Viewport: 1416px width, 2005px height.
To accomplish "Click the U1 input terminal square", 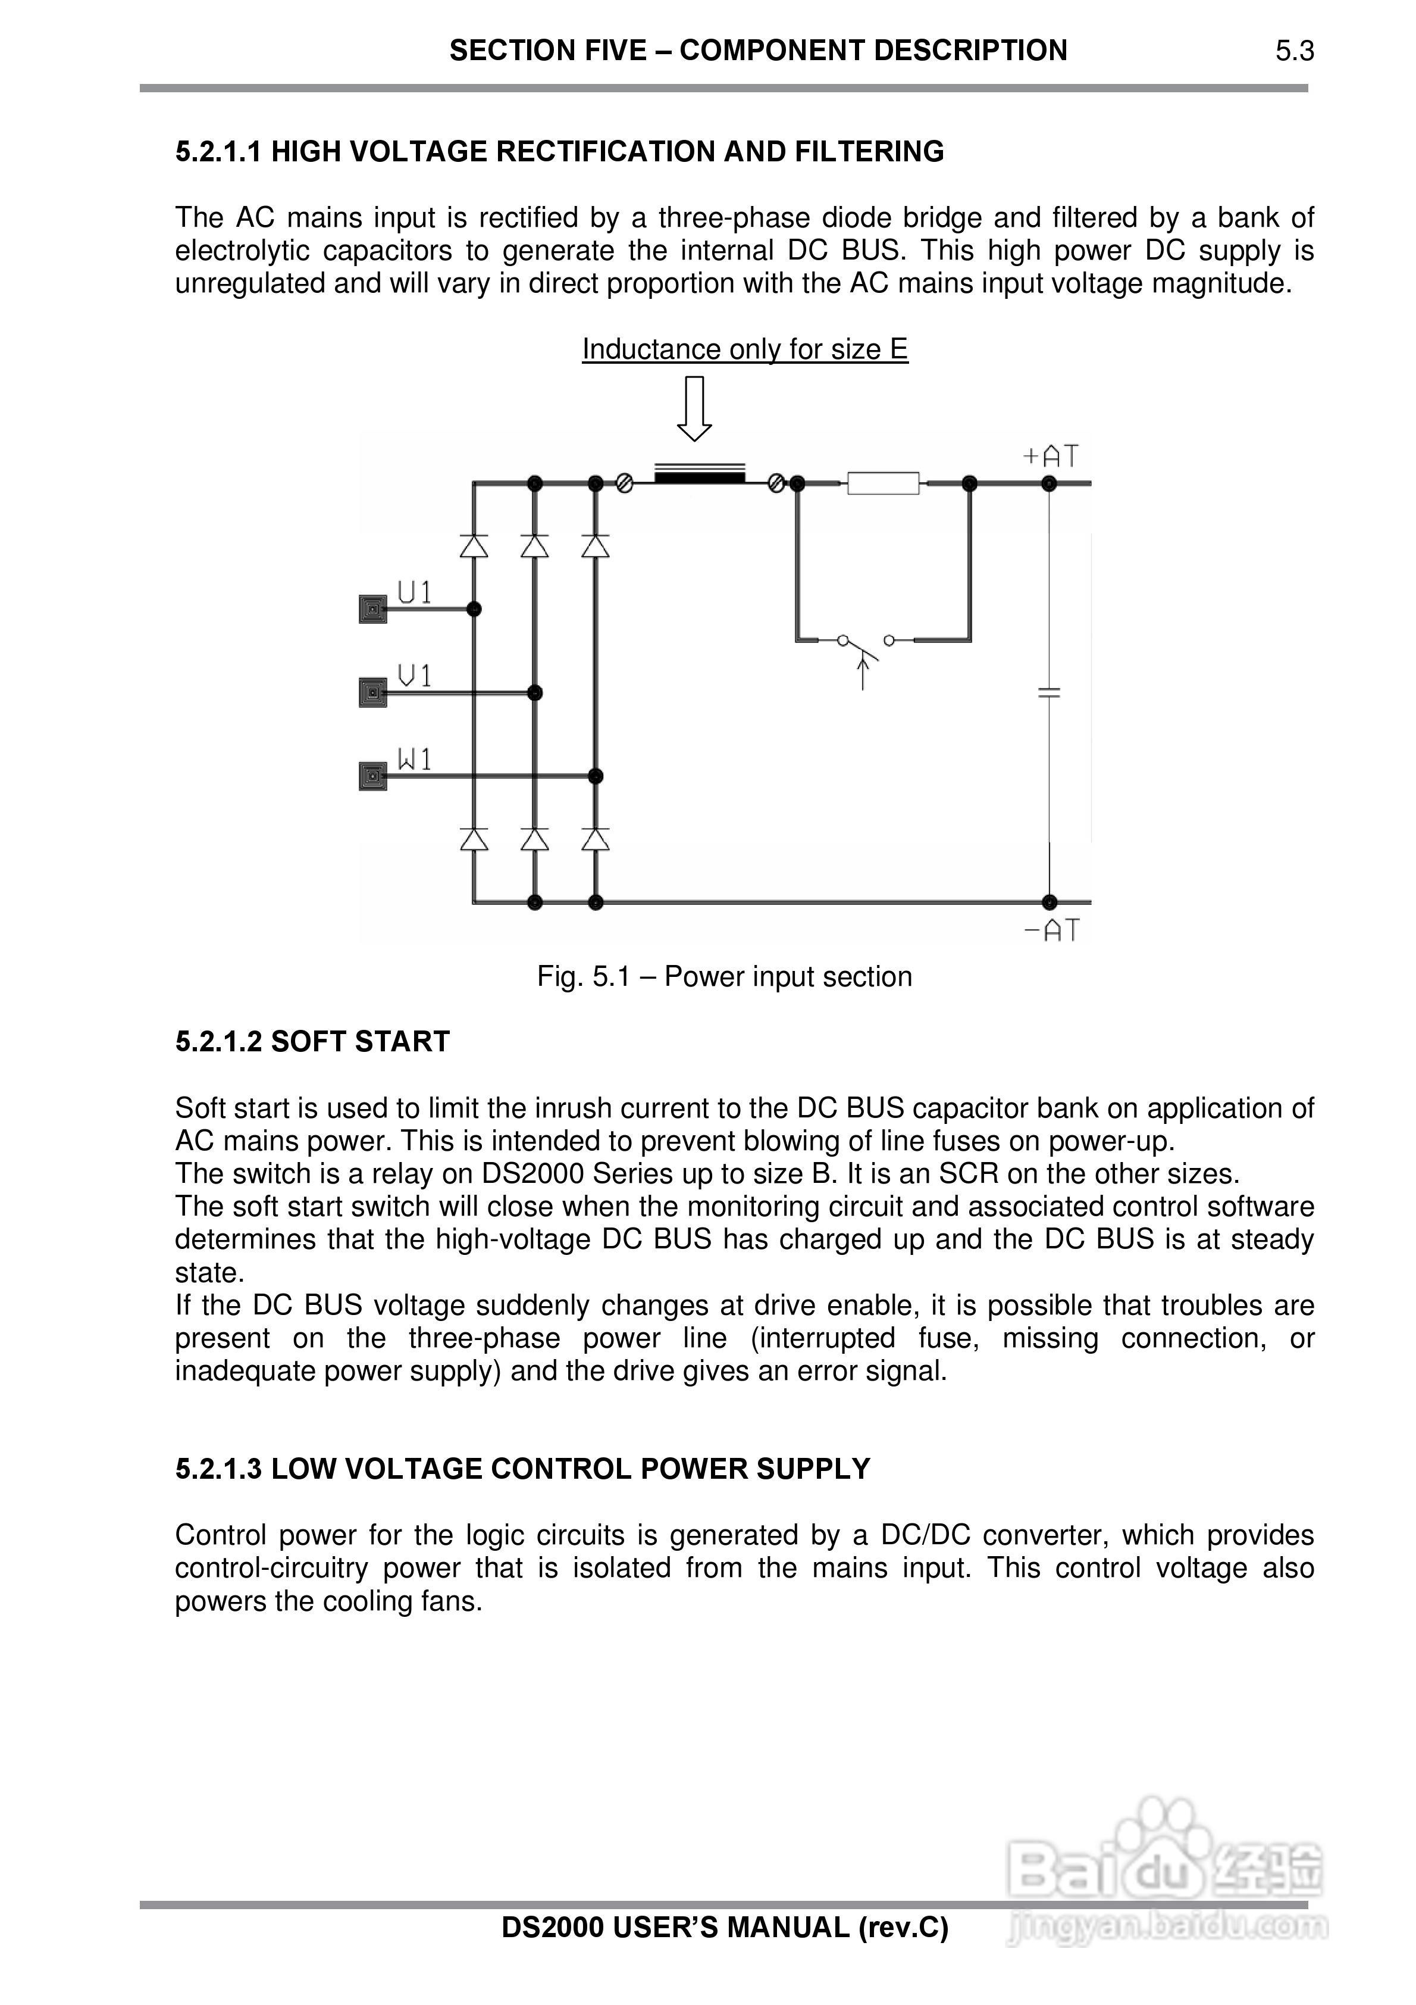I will [x=373, y=608].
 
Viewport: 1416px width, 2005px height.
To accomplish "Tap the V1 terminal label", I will [x=415, y=675].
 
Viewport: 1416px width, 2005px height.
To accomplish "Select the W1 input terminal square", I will [x=373, y=776].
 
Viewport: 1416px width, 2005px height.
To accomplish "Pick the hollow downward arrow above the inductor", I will [x=694, y=409].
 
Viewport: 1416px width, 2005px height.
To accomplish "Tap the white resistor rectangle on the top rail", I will [x=882, y=482].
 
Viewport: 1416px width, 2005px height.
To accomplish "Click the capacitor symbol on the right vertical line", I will [x=1050, y=692].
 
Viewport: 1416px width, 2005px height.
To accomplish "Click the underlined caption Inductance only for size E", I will [x=745, y=349].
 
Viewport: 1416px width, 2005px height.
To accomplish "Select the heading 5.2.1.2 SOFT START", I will [x=312, y=1041].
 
